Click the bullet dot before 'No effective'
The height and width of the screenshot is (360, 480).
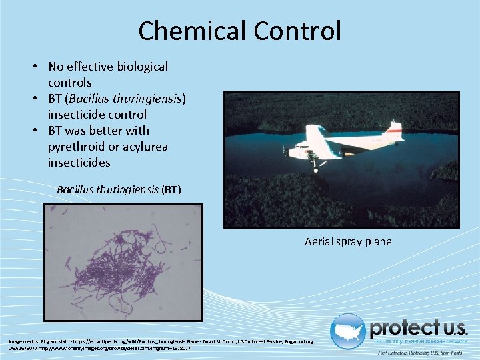tap(39, 67)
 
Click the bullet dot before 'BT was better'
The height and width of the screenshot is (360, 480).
tap(39, 131)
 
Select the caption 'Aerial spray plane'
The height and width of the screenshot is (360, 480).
tap(348, 241)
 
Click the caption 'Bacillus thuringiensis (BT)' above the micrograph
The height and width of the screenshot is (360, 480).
tap(119, 190)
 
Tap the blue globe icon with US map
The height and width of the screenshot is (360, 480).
tap(347, 331)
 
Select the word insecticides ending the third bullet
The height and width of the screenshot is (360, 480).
tap(79, 163)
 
